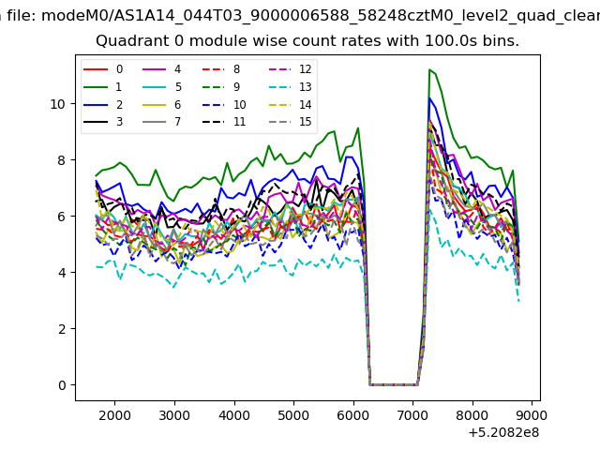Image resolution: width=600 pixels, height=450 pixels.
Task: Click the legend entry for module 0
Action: [103, 69]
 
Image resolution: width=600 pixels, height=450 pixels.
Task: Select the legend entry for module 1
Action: [103, 87]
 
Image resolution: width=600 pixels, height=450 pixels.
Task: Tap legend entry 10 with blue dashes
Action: [224, 104]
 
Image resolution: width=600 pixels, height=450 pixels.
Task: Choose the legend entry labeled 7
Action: [161, 122]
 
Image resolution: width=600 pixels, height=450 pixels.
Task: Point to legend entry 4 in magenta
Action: [161, 69]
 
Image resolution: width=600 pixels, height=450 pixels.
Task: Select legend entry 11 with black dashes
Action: [224, 122]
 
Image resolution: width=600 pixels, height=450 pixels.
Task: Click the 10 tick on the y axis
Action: [58, 104]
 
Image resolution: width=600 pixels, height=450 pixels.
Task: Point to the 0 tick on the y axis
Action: [62, 385]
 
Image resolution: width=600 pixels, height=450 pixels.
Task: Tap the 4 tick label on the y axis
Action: [62, 273]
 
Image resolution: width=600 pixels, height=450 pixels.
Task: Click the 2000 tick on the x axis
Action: [114, 415]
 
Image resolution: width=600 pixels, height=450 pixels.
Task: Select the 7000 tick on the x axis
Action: [412, 415]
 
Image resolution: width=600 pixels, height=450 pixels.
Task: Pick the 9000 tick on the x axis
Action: [532, 415]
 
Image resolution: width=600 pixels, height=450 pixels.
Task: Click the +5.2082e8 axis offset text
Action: [504, 433]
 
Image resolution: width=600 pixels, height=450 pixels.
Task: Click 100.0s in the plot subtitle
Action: [451, 40]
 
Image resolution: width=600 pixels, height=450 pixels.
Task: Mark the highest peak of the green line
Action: [429, 69]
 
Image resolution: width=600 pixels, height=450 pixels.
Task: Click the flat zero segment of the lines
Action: [394, 384]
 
